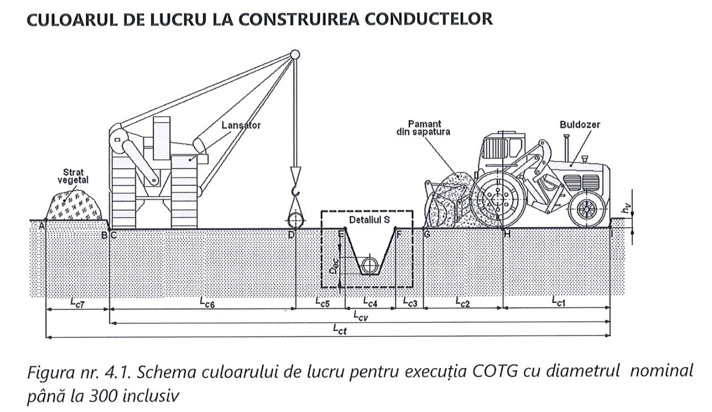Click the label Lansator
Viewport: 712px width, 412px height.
[x=241, y=126]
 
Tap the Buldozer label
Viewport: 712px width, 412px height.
[x=580, y=125]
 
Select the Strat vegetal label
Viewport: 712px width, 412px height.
[x=76, y=176]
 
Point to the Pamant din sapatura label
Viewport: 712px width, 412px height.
[x=423, y=128]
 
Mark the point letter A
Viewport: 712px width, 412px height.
[x=41, y=226]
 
